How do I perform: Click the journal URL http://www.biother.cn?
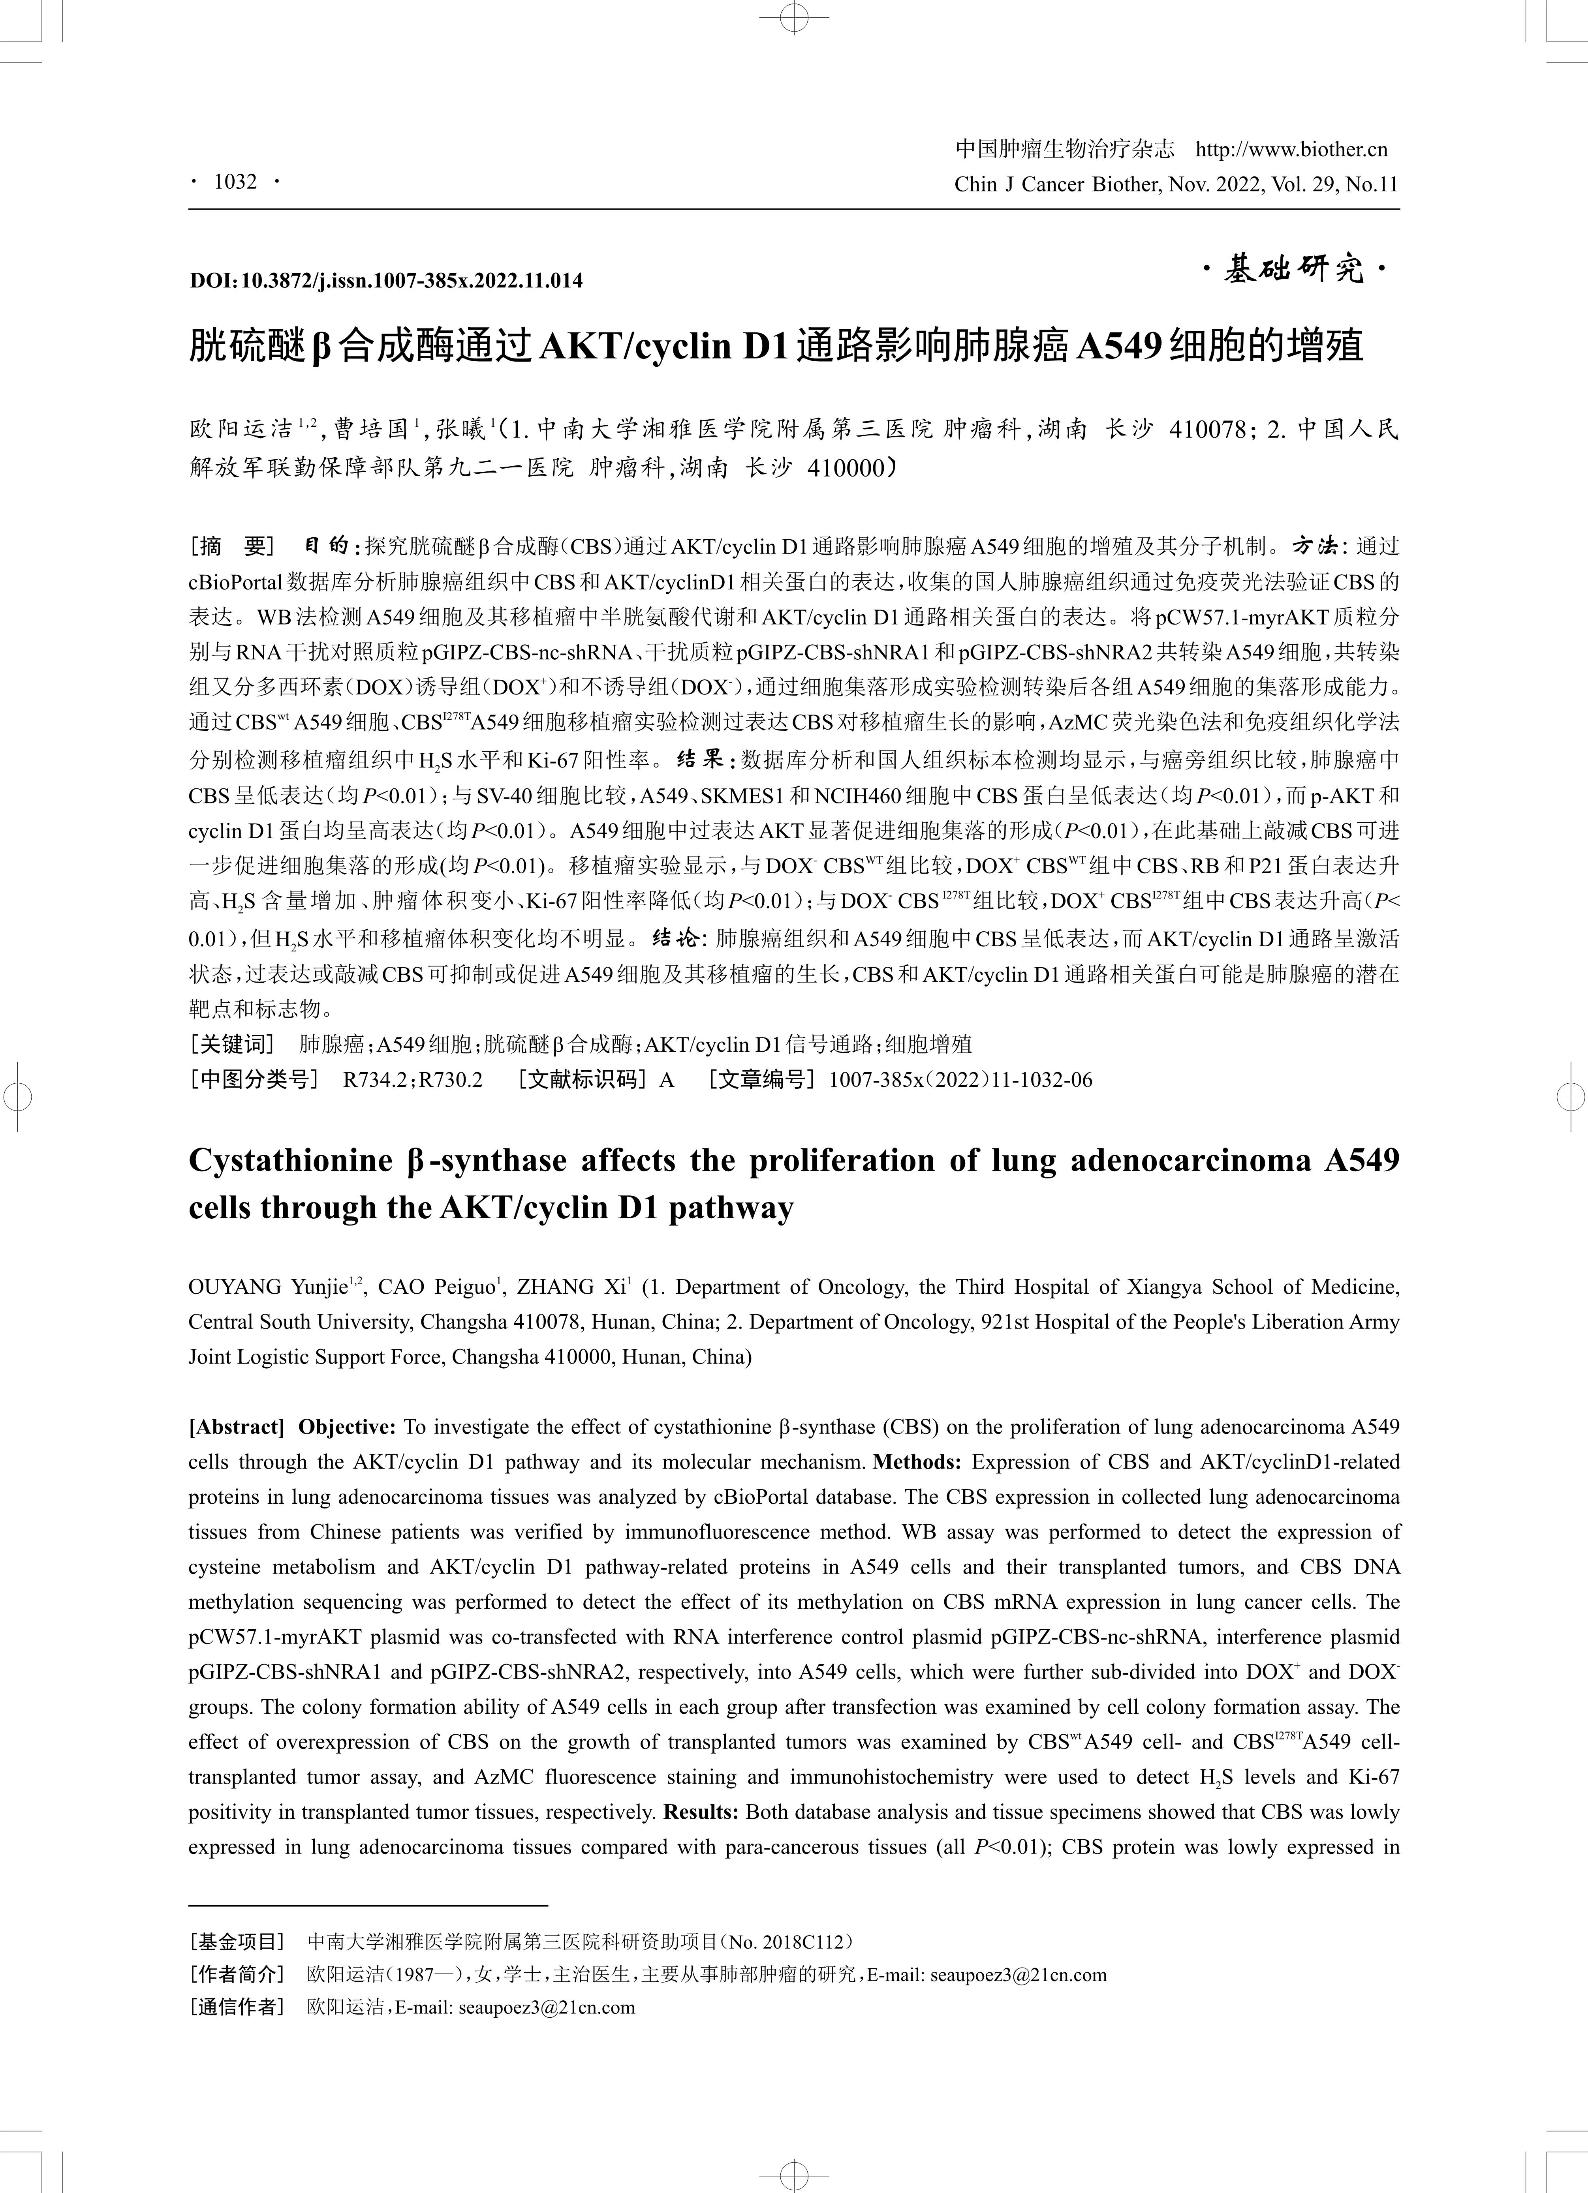pyautogui.click(x=1291, y=149)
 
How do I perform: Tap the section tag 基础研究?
pyautogui.click(x=1294, y=271)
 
